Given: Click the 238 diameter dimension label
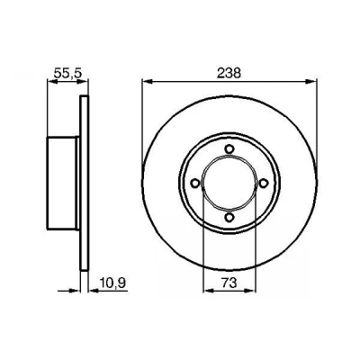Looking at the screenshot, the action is (x=229, y=73).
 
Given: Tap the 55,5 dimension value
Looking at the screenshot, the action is (x=67, y=73).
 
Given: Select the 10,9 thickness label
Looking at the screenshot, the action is (x=112, y=283).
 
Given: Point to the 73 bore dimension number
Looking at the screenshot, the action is (x=229, y=283).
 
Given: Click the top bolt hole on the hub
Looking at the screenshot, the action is (x=229, y=148).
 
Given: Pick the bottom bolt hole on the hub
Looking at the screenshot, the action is (x=229, y=217).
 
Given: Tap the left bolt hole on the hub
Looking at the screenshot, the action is (x=195, y=183).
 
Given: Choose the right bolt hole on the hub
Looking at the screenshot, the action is (x=264, y=183).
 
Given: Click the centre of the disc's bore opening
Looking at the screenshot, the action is (x=229, y=183).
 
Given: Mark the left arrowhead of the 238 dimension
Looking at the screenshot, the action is (x=148, y=81).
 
